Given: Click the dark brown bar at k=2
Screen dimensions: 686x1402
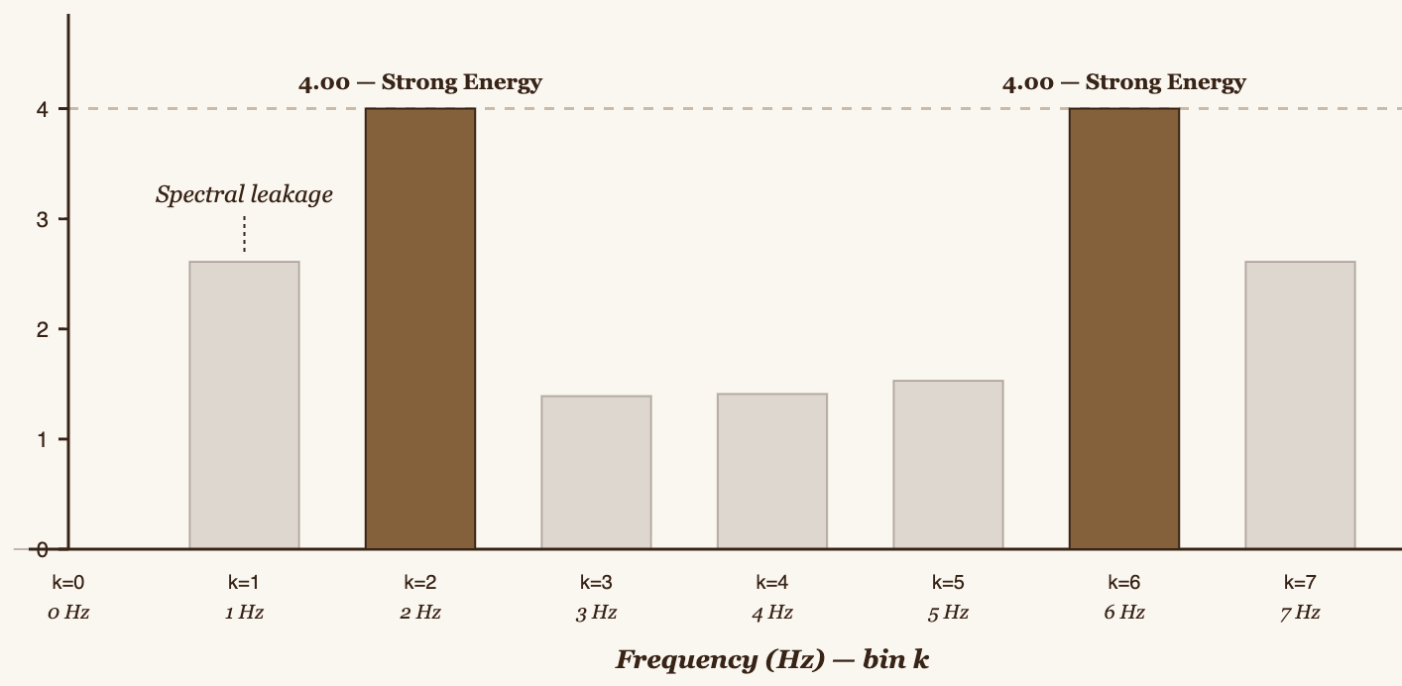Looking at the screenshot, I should (x=420, y=327).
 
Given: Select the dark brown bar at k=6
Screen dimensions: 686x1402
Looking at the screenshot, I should (x=1123, y=327).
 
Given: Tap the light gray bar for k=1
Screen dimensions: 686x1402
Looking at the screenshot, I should (x=244, y=404).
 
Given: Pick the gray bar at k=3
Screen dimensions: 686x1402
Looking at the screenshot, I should (x=596, y=472).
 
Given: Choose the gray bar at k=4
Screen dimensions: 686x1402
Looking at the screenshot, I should (x=772, y=471).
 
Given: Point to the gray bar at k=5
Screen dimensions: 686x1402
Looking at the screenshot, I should (x=948, y=464).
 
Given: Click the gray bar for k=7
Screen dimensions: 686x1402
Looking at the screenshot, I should (x=1300, y=404).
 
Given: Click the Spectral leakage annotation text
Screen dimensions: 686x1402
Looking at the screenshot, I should (x=244, y=194).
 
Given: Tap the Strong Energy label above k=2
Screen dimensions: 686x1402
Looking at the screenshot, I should (x=420, y=81).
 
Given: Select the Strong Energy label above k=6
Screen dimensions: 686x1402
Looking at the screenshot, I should (x=1123, y=81).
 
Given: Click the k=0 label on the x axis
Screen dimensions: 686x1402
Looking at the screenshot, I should (x=68, y=582).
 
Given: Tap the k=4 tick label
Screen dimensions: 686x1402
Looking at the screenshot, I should (x=772, y=582).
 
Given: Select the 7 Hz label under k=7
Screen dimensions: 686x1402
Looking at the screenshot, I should (x=1300, y=613).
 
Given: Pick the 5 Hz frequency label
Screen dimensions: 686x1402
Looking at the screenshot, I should (x=948, y=613).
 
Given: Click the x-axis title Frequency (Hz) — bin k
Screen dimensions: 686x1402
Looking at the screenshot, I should (x=772, y=659).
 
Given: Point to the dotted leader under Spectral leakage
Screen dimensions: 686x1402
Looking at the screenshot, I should (x=244, y=235).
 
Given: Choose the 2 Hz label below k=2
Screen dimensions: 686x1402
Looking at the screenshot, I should (x=420, y=613).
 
